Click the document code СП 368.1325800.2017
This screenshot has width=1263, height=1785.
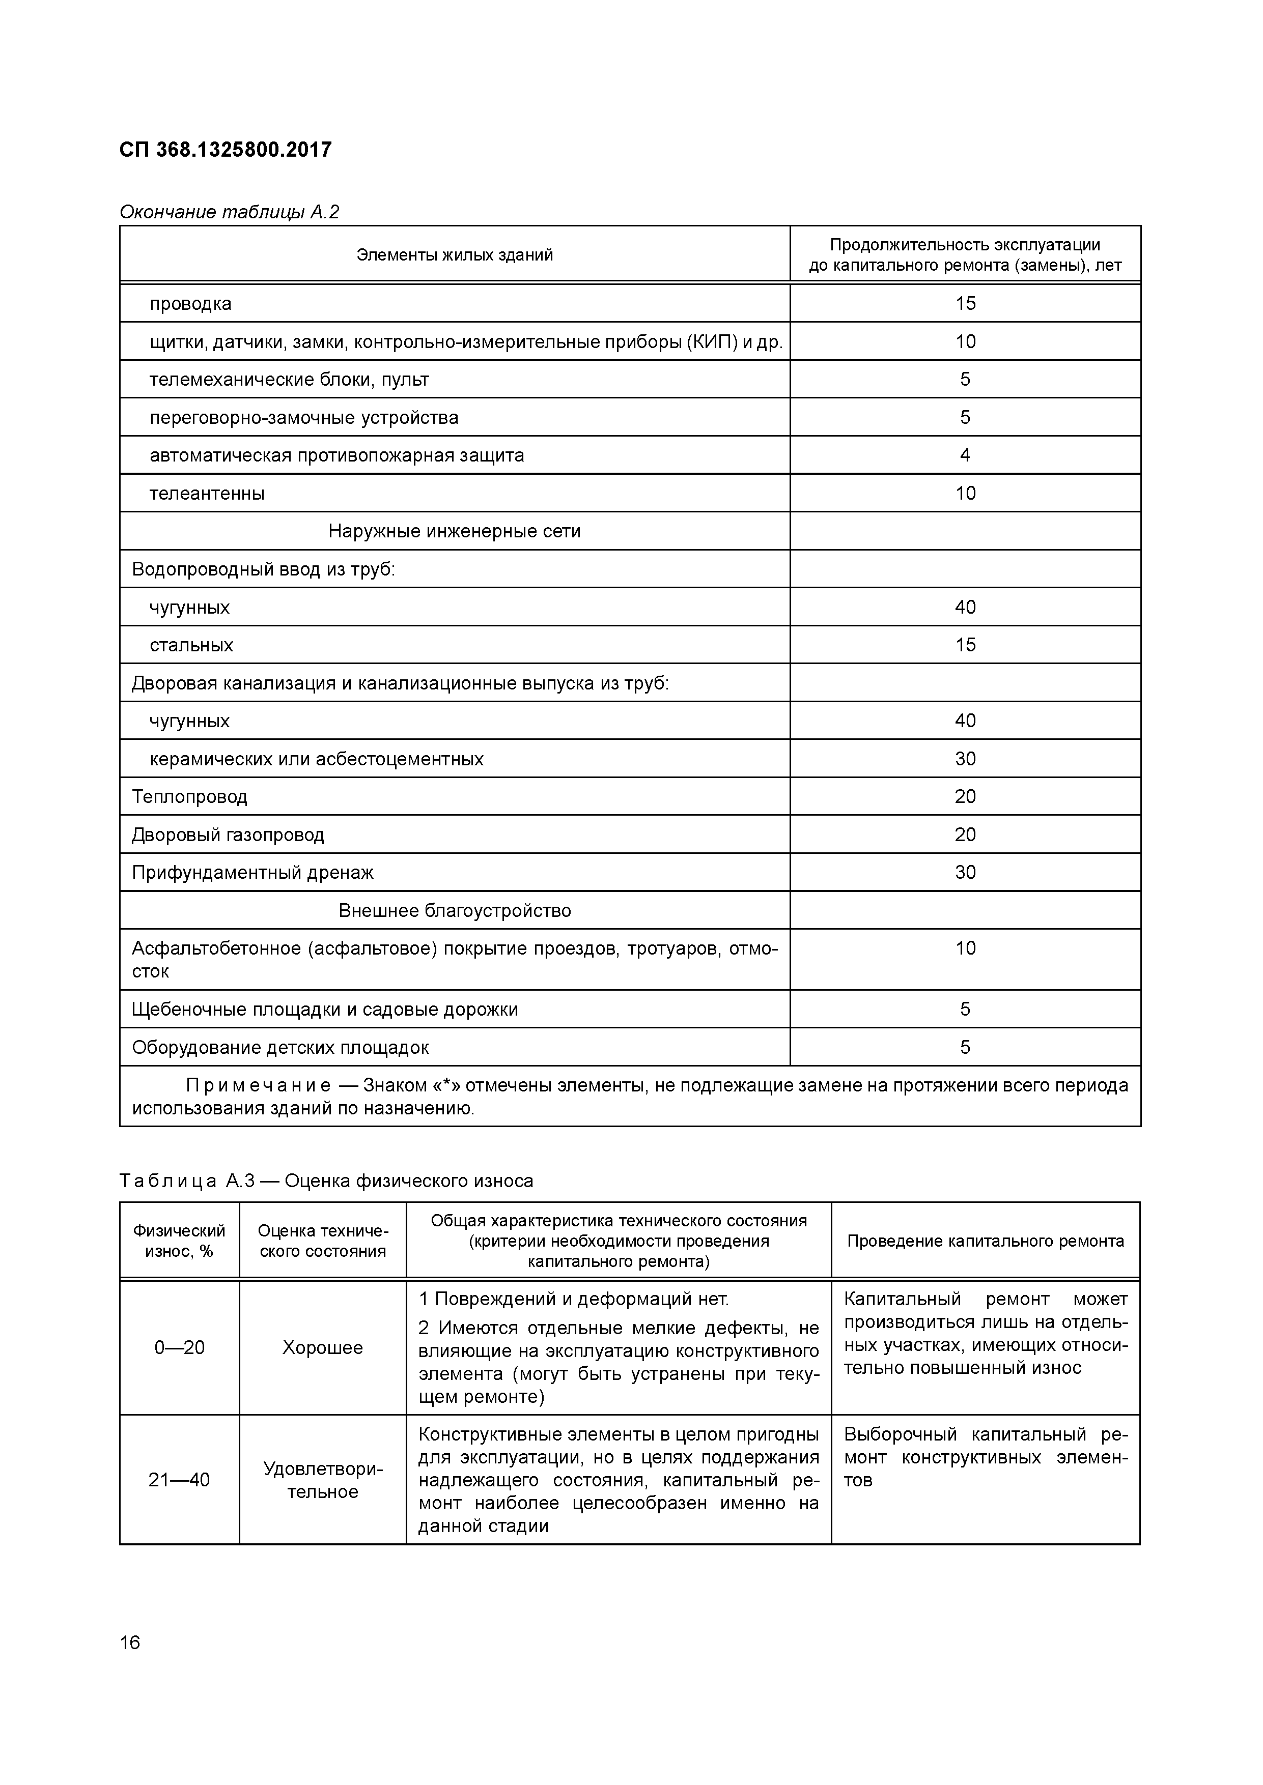[x=226, y=149]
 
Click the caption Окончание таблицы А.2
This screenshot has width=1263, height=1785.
[x=230, y=212]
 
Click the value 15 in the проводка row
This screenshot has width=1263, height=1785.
[x=965, y=303]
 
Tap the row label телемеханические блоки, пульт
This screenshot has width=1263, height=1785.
[x=289, y=380]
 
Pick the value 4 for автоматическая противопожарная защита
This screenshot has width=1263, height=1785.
[x=965, y=455]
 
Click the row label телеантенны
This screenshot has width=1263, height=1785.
[x=207, y=494]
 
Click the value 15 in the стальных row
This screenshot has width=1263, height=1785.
[x=965, y=645]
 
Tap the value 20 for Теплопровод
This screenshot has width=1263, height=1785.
[x=965, y=796]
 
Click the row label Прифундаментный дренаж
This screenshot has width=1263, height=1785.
[x=253, y=872]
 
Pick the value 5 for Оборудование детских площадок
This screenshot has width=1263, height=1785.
[x=965, y=1047]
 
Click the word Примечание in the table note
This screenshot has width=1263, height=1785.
[x=258, y=1085]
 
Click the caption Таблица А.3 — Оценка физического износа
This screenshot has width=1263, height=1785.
[x=327, y=1181]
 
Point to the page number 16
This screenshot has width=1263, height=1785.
[x=130, y=1643]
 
